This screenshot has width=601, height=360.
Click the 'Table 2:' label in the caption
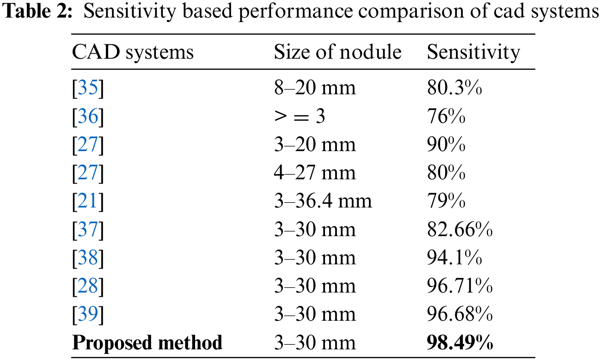tap(38, 13)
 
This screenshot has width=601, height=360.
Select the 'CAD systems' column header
tap(133, 52)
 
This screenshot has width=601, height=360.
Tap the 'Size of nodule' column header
tap(337, 52)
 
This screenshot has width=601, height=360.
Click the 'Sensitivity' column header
tap(473, 52)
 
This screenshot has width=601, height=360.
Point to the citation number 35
tap(88, 88)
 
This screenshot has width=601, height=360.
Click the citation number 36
tap(88, 116)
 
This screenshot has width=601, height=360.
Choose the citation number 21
tap(88, 201)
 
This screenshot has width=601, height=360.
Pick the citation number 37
tap(88, 230)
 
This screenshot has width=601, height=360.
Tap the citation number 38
tap(88, 258)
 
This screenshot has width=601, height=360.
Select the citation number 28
tap(88, 287)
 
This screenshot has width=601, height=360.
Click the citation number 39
tap(88, 315)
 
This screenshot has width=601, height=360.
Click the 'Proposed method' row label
tap(147, 343)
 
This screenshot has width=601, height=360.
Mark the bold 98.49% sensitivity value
tap(460, 343)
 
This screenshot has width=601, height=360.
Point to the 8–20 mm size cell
tap(315, 88)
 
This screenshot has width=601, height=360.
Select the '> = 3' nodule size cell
tap(300, 116)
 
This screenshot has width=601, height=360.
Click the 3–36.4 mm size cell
tap(323, 201)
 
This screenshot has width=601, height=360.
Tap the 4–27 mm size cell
tap(315, 173)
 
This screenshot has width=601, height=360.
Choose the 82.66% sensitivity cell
tap(460, 230)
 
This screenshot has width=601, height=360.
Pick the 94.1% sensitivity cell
tap(454, 258)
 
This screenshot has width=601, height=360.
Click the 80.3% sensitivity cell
tap(454, 88)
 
